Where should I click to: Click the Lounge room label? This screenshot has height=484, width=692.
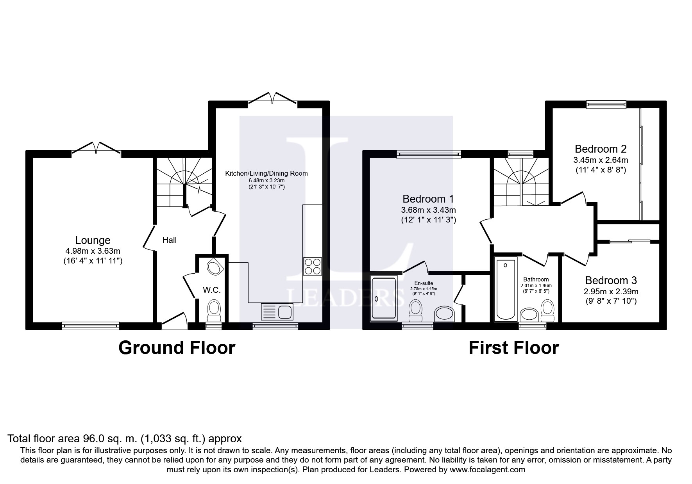tap(93, 240)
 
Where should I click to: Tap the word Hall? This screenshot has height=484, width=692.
tap(170, 240)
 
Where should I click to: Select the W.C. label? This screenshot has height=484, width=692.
tap(212, 290)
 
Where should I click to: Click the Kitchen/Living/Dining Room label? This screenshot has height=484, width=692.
tap(266, 173)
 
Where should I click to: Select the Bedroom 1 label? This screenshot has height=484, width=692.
tap(428, 199)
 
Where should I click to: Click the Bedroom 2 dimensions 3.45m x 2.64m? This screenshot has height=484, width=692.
tap(601, 160)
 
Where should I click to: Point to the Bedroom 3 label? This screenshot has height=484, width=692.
tap(611, 280)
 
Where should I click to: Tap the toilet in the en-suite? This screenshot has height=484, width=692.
tap(415, 311)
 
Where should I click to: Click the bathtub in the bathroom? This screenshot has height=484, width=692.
tap(506, 289)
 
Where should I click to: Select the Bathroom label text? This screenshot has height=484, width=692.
tap(536, 279)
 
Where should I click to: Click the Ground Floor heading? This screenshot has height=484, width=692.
tap(177, 348)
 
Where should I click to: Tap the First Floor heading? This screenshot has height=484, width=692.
tap(514, 348)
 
